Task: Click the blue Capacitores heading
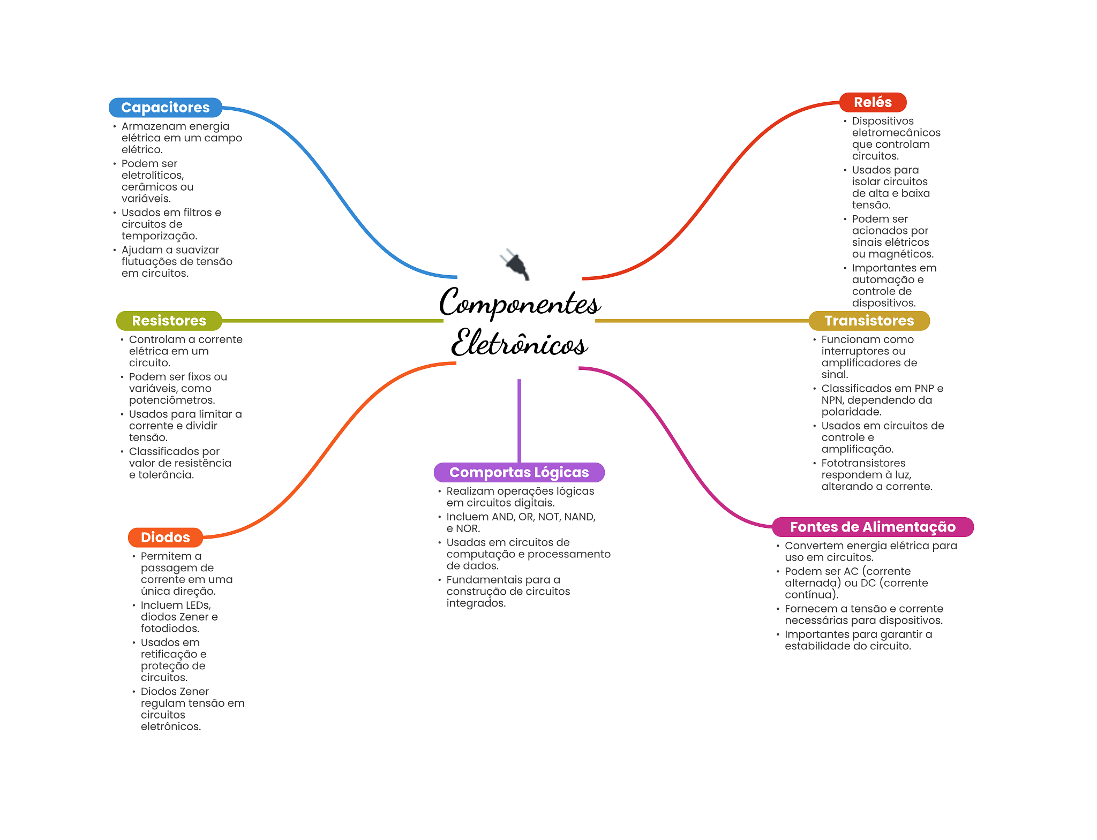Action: pos(165,108)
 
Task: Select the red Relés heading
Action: pos(873,102)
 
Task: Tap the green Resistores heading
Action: pos(169,321)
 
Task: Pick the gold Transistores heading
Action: pos(869,321)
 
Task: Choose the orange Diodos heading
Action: pos(165,538)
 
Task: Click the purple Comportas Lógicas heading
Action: pos(519,472)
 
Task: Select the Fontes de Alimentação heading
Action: pos(873,527)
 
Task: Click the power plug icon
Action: pos(515,263)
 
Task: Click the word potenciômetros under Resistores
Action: pos(172,400)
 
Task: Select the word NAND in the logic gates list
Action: pos(579,517)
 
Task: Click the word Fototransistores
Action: pos(863,463)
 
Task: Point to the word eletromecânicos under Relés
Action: pos(896,133)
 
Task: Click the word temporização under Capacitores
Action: pos(159,236)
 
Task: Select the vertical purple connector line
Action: pos(519,420)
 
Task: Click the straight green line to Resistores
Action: pos(332,321)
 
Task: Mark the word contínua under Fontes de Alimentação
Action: pos(810,595)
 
